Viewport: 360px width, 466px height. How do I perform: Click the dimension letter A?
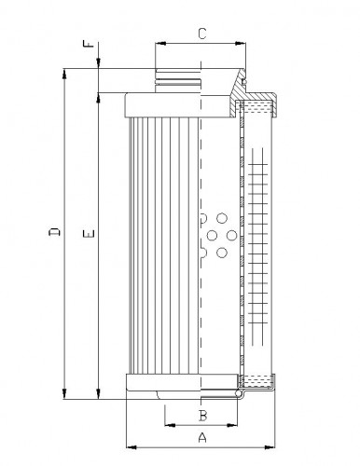pyautogui.click(x=201, y=437)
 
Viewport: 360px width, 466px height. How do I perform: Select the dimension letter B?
pyautogui.click(x=201, y=414)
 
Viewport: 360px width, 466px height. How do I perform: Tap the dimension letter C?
pyautogui.click(x=201, y=34)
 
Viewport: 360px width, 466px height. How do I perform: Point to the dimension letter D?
pyautogui.click(x=55, y=233)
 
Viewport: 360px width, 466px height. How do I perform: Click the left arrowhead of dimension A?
pyautogui.click(x=128, y=446)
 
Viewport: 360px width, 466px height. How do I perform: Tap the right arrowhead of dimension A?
pyautogui.click(x=276, y=446)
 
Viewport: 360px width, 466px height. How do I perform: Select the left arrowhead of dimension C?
pyautogui.click(x=159, y=44)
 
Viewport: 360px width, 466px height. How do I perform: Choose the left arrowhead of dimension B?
pyautogui.click(x=169, y=424)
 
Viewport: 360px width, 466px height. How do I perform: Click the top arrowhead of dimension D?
pyautogui.click(x=65, y=71)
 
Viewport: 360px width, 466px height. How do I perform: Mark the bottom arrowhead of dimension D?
pyautogui.click(x=65, y=396)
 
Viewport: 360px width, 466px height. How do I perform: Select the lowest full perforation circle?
pyautogui.click(x=221, y=251)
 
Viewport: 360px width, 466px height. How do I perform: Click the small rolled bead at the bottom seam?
pyautogui.click(x=241, y=396)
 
